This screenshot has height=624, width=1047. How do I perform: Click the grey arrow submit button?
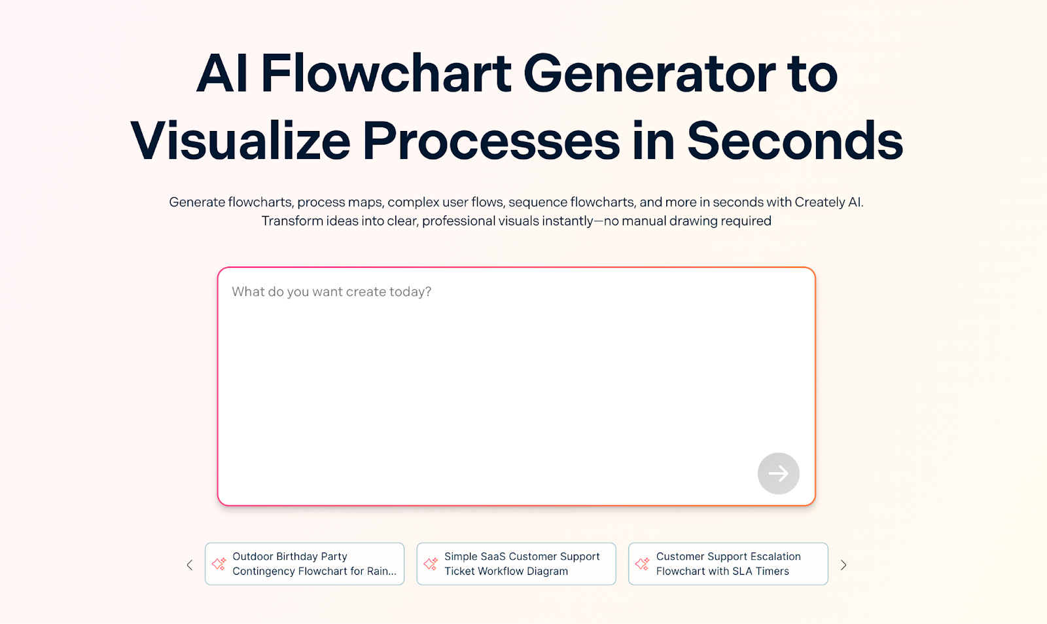[x=778, y=473]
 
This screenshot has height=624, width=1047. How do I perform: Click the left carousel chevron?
[x=190, y=565]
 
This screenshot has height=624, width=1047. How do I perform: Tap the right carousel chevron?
[x=843, y=565]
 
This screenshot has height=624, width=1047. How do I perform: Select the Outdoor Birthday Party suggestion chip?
[x=304, y=564]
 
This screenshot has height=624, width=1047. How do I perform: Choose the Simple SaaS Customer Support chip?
[x=516, y=564]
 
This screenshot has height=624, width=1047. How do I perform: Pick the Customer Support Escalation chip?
[x=728, y=564]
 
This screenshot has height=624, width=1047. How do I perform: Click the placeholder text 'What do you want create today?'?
[x=331, y=292]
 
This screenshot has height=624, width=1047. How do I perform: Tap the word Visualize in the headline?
[x=240, y=140]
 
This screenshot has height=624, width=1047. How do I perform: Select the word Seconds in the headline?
[x=795, y=140]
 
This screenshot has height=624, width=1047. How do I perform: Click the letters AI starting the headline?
[x=222, y=73]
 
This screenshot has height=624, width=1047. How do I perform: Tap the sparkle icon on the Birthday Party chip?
[x=219, y=564]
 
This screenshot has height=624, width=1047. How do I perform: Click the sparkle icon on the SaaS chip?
[x=431, y=564]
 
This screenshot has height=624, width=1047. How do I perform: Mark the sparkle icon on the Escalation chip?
[x=642, y=564]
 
